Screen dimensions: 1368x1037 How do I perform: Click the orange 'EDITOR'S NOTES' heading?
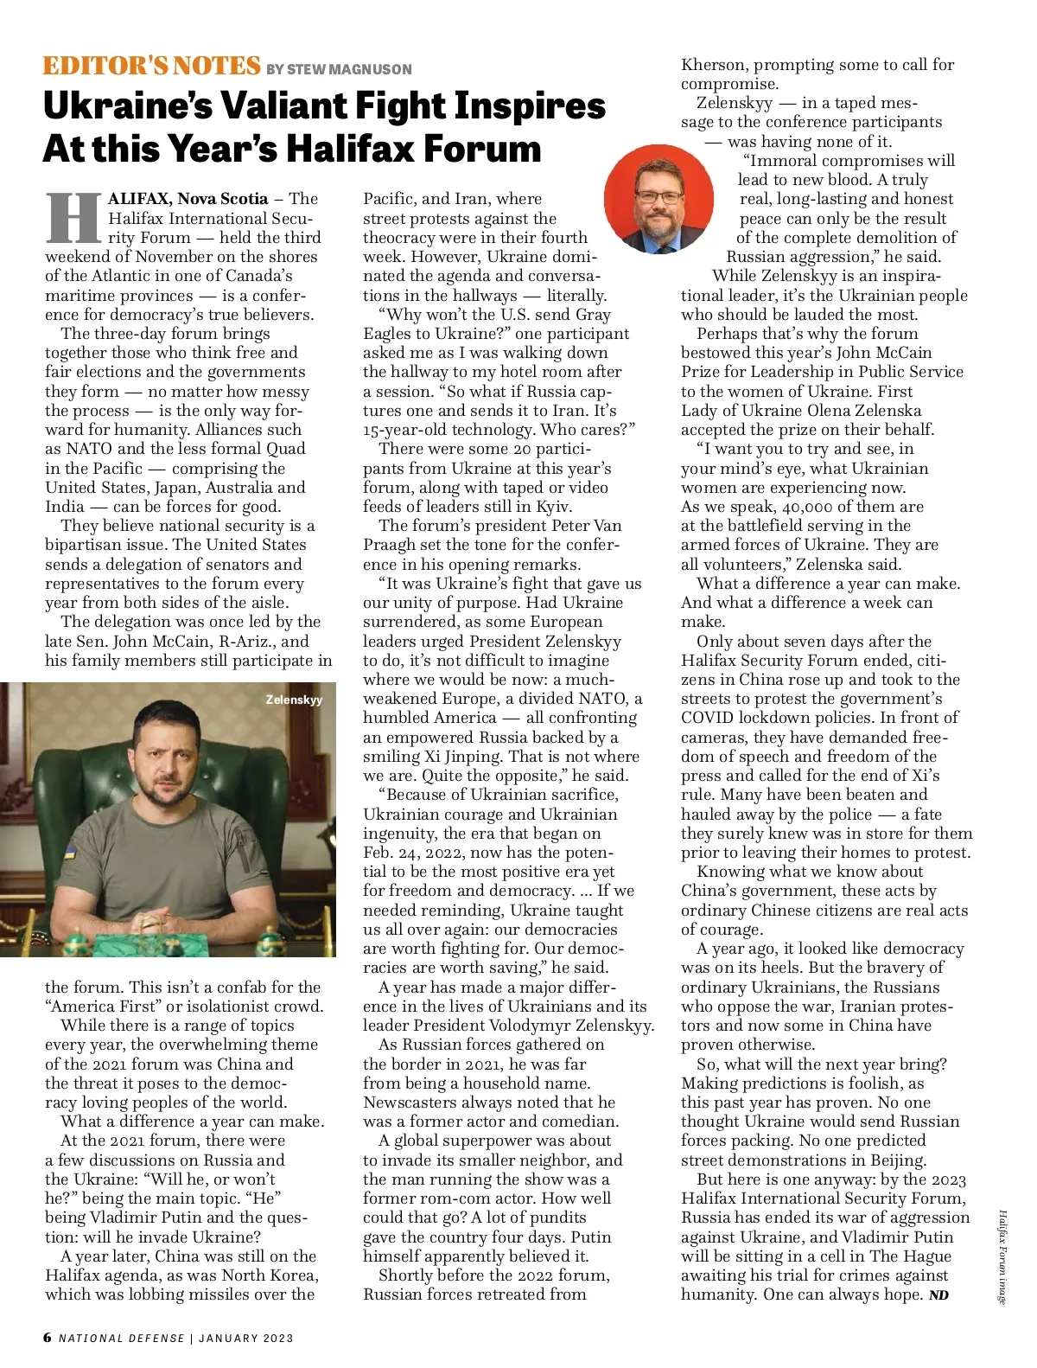click(x=151, y=66)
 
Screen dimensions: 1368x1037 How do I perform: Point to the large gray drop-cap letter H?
click(x=74, y=217)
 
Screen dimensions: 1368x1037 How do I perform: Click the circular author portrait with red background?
click(x=658, y=199)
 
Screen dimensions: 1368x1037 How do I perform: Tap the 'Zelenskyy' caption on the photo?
click(x=294, y=700)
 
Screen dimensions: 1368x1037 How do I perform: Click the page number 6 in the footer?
click(x=48, y=1338)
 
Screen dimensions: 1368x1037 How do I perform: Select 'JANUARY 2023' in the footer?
click(x=246, y=1338)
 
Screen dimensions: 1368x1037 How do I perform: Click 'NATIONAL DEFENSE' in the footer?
click(x=122, y=1338)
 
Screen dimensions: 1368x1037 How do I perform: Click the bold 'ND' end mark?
click(x=938, y=1295)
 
